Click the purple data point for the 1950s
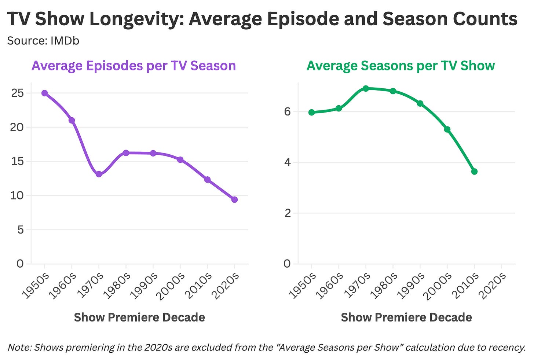tap(45, 93)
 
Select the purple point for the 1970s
tap(99, 174)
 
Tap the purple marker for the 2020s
tap(235, 200)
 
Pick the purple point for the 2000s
tap(180, 159)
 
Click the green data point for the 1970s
tap(366, 89)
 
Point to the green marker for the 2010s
tap(475, 172)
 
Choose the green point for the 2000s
tap(447, 129)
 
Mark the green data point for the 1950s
tap(312, 113)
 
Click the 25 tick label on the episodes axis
tap(17, 93)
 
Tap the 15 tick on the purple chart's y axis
tap(17, 161)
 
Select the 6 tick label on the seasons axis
tap(288, 111)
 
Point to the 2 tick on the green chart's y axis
tap(288, 213)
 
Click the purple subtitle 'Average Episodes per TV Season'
tap(134, 66)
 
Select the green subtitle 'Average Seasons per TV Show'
tap(401, 66)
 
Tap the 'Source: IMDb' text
tap(43, 41)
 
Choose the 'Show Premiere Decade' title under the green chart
tap(406, 317)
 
